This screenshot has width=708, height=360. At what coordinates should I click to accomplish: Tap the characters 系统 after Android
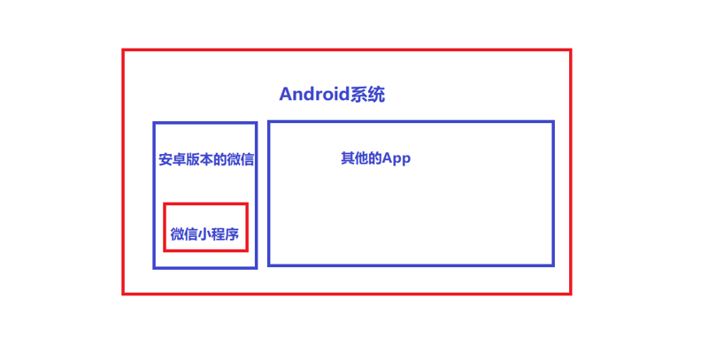(367, 95)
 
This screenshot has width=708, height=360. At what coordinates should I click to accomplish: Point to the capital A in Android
(285, 94)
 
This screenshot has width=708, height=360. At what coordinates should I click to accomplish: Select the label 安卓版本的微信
(206, 159)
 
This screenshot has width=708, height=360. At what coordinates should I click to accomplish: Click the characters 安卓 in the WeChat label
(172, 159)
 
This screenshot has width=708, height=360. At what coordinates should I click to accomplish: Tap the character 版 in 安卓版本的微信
(192, 159)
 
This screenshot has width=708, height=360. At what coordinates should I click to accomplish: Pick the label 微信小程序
(204, 234)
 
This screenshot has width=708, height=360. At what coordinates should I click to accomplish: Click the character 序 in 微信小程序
(233, 234)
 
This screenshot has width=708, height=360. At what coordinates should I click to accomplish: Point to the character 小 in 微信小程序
(204, 234)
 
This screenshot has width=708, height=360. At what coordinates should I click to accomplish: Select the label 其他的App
(375, 158)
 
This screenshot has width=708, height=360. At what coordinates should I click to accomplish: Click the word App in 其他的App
(396, 159)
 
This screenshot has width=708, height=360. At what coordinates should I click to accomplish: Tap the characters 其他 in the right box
(355, 158)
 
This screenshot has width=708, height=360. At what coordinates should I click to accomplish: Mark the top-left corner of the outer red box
(123, 50)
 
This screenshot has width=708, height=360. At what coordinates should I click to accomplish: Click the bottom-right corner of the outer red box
(571, 295)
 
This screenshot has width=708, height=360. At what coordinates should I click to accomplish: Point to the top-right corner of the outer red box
(571, 50)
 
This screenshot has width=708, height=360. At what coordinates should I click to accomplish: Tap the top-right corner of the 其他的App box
(553, 121)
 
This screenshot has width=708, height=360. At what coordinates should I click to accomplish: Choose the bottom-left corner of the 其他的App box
(269, 265)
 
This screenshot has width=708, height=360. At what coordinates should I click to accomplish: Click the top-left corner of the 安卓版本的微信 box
(154, 123)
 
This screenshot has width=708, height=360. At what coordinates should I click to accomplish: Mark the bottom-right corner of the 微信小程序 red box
(247, 250)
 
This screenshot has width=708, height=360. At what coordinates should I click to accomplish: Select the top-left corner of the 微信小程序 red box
(165, 204)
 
